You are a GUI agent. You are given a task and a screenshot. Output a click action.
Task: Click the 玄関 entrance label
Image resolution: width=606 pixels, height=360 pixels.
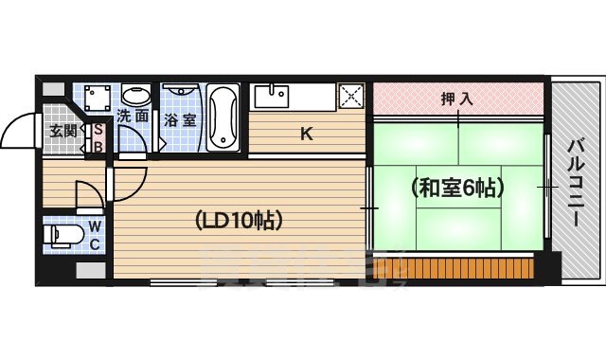[62, 132]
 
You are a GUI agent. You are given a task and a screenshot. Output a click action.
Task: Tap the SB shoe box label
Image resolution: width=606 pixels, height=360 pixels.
[98, 138]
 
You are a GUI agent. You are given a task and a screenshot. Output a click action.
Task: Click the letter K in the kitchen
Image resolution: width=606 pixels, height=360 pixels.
[306, 134]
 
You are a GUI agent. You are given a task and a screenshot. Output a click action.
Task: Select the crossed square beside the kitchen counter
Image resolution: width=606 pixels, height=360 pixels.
[352, 97]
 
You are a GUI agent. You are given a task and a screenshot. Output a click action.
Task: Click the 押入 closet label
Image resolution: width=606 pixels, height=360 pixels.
[457, 97]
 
